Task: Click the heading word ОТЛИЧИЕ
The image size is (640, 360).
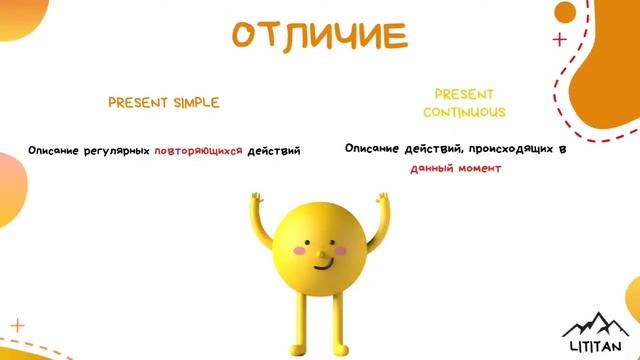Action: [320, 36]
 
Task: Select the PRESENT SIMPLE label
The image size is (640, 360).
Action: [163, 103]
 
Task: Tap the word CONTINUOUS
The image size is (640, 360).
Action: [464, 113]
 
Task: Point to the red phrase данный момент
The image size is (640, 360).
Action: [455, 168]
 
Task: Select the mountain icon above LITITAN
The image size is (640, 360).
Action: [597, 323]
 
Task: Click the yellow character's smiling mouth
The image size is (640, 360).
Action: [321, 265]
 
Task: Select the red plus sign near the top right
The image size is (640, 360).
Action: [559, 40]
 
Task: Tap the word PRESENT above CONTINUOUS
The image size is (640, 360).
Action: [464, 94]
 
